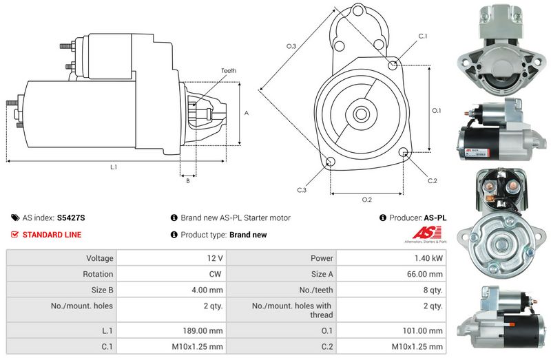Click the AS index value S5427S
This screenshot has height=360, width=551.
pyautogui.click(x=71, y=218)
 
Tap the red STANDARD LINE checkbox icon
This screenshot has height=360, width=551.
pyautogui.click(x=14, y=234)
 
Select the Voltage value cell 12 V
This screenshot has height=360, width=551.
pyautogui.click(x=215, y=258)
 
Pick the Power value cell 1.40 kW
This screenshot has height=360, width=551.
pyautogui.click(x=428, y=258)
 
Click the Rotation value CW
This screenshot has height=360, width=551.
pyautogui.click(x=215, y=274)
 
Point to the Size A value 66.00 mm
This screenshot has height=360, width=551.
pyautogui.click(x=425, y=274)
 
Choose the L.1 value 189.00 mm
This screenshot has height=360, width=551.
pyautogui.click(x=202, y=330)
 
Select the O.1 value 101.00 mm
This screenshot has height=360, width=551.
pyautogui.click(x=422, y=330)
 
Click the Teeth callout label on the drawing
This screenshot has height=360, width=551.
pyautogui.click(x=229, y=71)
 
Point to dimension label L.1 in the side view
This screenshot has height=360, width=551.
pyautogui.click(x=114, y=167)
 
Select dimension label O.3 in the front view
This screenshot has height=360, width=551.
pyautogui.click(x=291, y=46)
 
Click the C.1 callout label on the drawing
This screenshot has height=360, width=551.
pyautogui.click(x=423, y=36)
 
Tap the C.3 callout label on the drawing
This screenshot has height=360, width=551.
pyautogui.click(x=302, y=190)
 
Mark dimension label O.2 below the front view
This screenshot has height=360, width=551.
pyautogui.click(x=367, y=200)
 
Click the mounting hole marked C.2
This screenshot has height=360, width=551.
pyautogui.click(x=404, y=152)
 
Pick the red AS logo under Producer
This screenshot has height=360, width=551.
pyautogui.click(x=426, y=233)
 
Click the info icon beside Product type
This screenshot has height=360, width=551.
pyautogui.click(x=174, y=234)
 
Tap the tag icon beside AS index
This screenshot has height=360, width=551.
pyautogui.click(x=15, y=218)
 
